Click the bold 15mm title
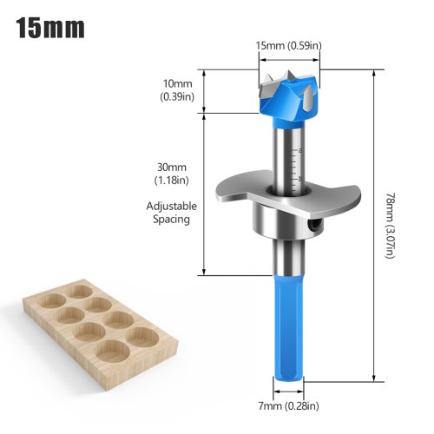pos(50,28)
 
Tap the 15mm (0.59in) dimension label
pos(288,45)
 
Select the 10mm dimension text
pos(177,83)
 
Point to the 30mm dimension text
pos(172,168)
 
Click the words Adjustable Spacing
pos(172,213)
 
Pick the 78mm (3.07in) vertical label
pos(390,226)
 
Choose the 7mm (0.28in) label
pos(288,406)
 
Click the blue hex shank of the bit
pos(288,329)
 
